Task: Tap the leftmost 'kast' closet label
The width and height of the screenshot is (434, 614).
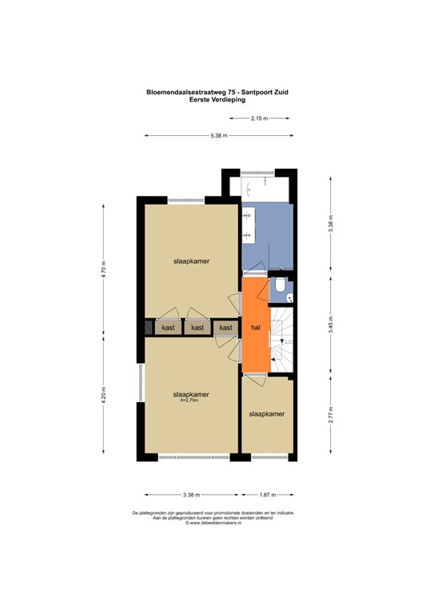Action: coord(168,328)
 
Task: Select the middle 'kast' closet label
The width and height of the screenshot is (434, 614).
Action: coord(197,328)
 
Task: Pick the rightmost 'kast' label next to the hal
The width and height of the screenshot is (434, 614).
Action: coord(226,328)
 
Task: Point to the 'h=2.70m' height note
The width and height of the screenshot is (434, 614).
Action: coord(191,401)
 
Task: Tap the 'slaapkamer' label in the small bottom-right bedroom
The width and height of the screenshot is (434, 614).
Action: coord(267,414)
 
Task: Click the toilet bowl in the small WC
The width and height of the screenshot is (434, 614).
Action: coord(281,286)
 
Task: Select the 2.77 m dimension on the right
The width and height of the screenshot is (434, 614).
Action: coord(331,415)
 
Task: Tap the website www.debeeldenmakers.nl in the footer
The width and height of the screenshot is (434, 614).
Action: coord(214,524)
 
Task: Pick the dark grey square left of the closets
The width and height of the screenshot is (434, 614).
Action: coord(148,327)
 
